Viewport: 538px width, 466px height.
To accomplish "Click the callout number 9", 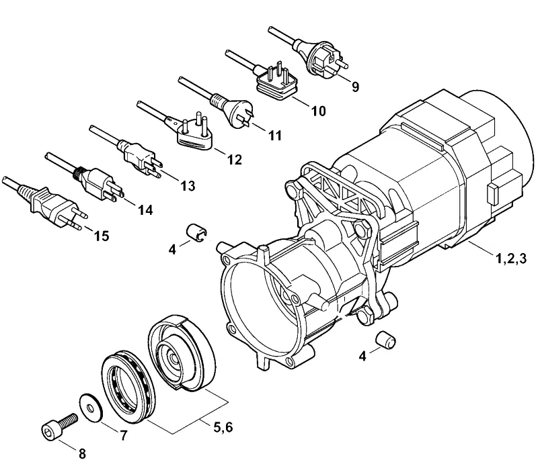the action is tap(355, 87).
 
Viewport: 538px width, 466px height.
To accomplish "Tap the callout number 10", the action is tap(318, 111).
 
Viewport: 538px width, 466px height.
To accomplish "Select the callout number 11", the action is tap(274, 136).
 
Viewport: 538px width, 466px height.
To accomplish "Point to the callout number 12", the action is tap(235, 159).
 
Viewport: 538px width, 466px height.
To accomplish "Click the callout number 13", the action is tap(188, 186).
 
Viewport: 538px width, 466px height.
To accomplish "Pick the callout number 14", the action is tap(145, 210).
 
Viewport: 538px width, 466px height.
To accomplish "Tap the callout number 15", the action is tap(102, 236).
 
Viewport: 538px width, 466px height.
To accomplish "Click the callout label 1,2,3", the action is tap(511, 259).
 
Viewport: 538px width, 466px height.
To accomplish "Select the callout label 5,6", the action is tap(223, 427).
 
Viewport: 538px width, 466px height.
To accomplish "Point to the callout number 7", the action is tap(123, 435).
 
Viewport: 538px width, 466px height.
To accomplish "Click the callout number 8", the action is tap(82, 454).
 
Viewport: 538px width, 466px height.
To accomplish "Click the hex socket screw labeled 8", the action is tap(59, 426).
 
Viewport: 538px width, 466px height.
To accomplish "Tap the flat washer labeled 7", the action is tap(91, 408).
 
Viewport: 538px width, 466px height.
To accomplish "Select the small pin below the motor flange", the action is tap(385, 340).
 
